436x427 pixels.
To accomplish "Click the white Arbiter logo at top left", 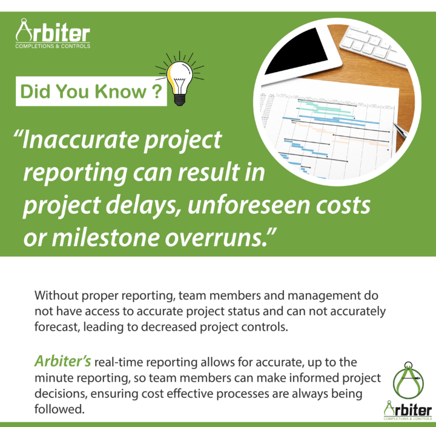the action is [53, 34].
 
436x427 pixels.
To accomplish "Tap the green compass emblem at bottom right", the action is [408, 380].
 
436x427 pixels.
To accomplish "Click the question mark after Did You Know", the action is [157, 91].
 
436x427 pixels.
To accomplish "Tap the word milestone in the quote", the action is [105, 238].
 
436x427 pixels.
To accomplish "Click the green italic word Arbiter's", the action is [63, 362].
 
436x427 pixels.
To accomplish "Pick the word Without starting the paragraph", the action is [56, 295].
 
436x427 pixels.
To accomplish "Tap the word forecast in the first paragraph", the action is [57, 327].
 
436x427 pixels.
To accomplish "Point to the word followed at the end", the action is [59, 409].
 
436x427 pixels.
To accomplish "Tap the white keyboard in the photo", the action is [375, 44].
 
